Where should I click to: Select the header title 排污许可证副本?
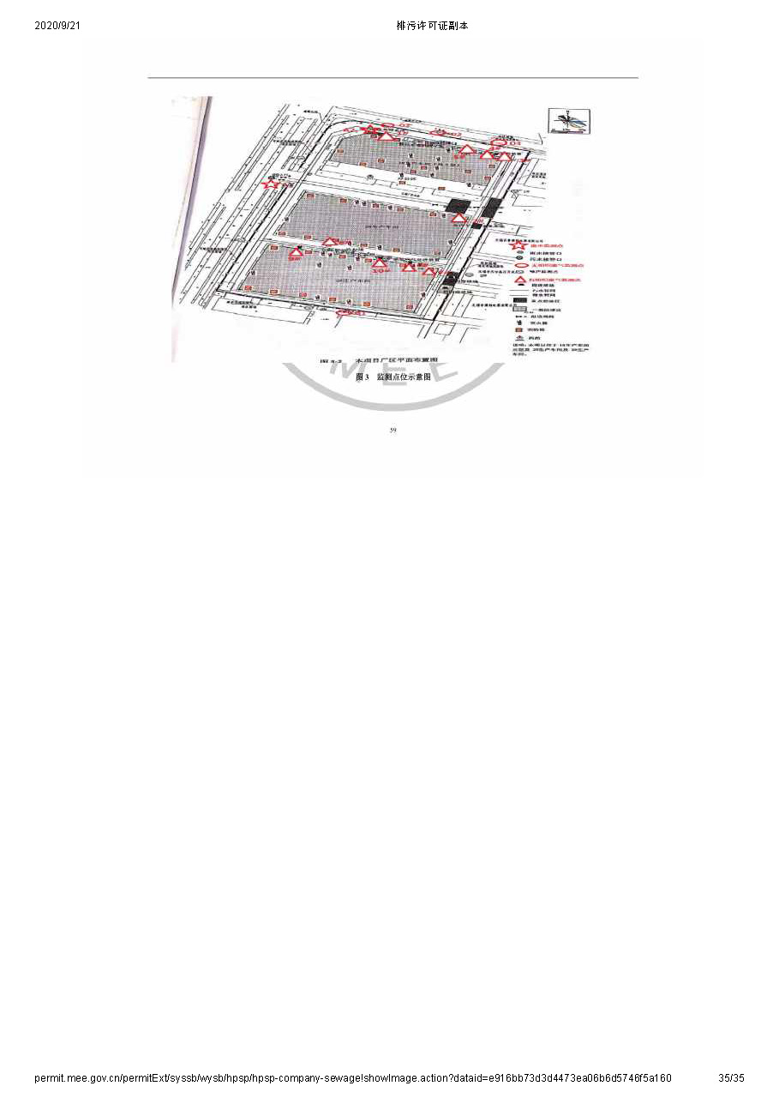click(x=432, y=26)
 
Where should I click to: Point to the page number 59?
click(x=392, y=430)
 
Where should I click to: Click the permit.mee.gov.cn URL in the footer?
click(x=352, y=1077)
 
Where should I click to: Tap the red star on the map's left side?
click(x=271, y=183)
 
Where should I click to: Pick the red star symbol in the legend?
click(x=518, y=246)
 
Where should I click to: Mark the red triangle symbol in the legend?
click(x=518, y=280)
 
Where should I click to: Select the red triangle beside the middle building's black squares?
click(x=459, y=219)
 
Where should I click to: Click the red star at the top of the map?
click(x=369, y=130)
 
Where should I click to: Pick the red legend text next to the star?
click(x=544, y=246)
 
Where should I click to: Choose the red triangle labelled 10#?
click(x=380, y=263)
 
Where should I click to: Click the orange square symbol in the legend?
click(x=518, y=328)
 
